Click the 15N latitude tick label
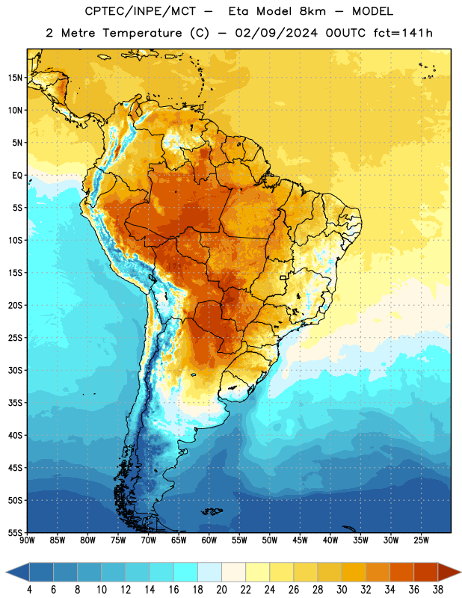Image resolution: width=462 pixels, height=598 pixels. (15, 78)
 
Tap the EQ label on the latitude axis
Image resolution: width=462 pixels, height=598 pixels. (17, 176)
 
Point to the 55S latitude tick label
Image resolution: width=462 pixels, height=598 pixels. (15, 533)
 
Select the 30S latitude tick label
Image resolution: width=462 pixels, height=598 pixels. (15, 370)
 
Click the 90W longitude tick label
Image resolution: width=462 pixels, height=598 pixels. (27, 540)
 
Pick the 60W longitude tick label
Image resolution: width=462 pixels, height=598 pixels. (209, 540)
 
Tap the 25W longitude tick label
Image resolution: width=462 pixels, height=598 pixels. (421, 540)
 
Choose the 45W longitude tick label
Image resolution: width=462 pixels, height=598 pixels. (300, 540)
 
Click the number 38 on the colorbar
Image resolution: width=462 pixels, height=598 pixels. (437, 590)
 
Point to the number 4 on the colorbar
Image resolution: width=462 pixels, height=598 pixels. (29, 590)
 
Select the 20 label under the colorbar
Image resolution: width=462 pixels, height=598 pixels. (221, 590)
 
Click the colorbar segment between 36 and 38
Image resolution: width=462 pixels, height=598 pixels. (426, 572)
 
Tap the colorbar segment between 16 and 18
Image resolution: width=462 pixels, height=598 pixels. (186, 572)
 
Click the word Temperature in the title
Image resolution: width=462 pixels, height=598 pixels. (142, 33)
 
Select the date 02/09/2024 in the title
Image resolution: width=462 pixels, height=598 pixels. (276, 33)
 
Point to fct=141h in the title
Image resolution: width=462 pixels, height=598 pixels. (403, 33)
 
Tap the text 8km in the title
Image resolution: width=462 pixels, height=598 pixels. (312, 11)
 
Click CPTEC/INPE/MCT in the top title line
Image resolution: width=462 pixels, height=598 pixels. (141, 11)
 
